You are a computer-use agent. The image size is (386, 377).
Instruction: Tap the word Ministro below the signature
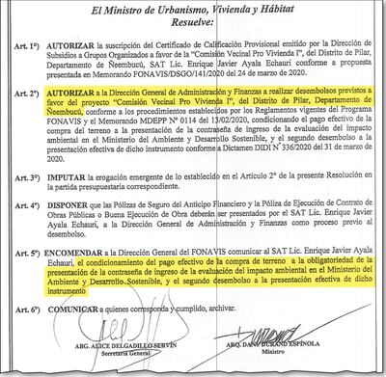click(276, 364)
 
